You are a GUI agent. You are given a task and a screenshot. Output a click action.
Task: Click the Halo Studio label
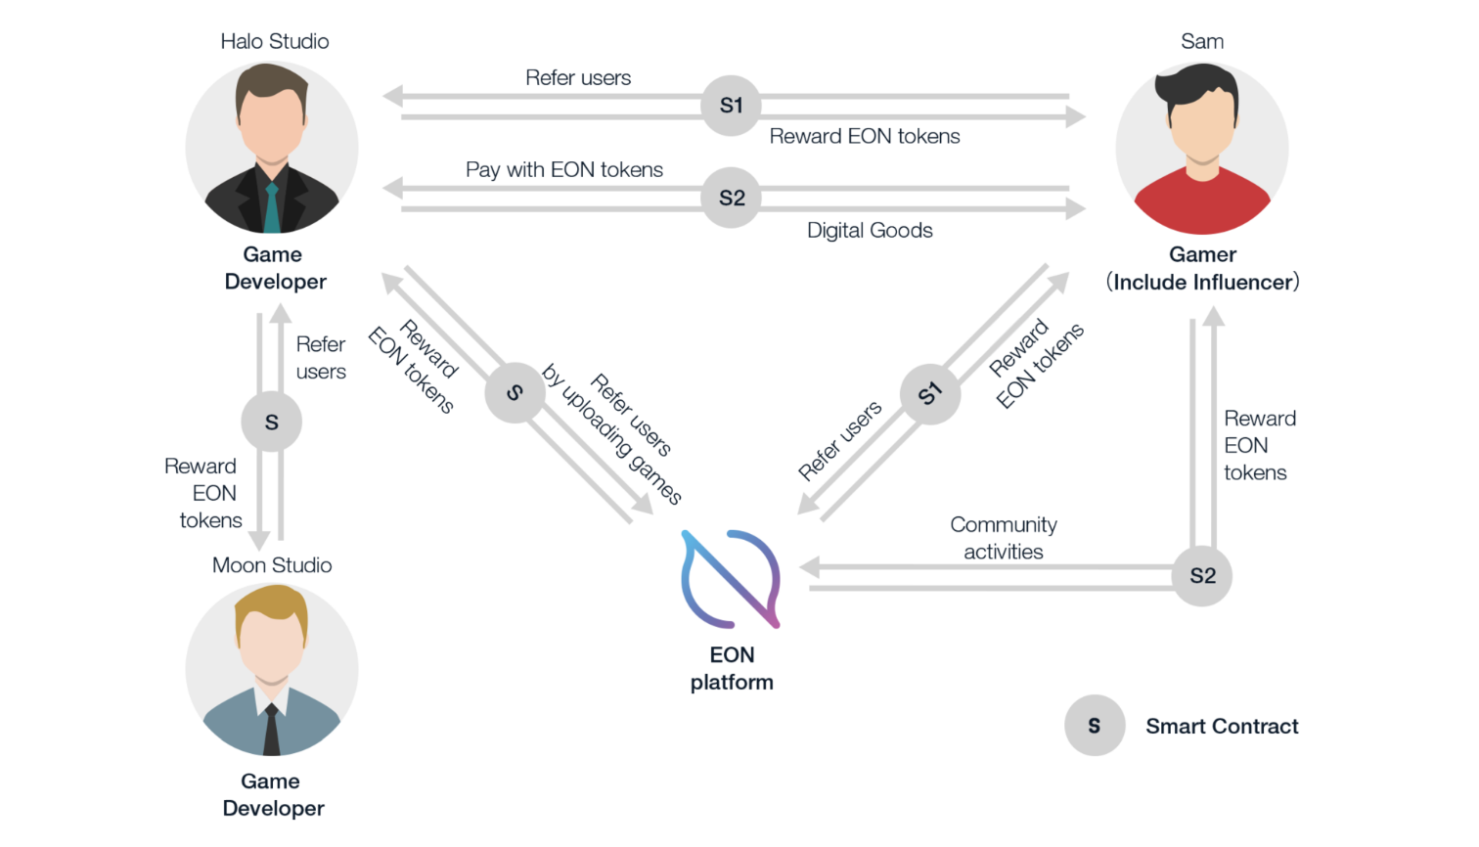pyautogui.click(x=274, y=41)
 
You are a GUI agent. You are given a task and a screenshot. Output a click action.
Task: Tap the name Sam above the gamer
pyautogui.click(x=1202, y=41)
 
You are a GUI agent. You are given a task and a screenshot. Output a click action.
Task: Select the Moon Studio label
pyautogui.click(x=272, y=565)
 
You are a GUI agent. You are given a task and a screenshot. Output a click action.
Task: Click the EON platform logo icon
pyautogui.click(x=731, y=579)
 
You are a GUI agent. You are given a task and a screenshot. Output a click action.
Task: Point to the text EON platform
pyautogui.click(x=732, y=669)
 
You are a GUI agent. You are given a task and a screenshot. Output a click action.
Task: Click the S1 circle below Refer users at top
pyautogui.click(x=732, y=106)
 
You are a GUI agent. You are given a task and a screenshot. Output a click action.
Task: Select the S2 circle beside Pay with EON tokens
pyautogui.click(x=732, y=198)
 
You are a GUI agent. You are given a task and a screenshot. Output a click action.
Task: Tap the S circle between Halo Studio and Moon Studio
pyautogui.click(x=271, y=422)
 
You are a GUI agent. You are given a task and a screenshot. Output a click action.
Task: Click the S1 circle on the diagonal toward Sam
pyautogui.click(x=929, y=393)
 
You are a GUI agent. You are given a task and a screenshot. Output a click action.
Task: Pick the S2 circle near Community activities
pyautogui.click(x=1202, y=576)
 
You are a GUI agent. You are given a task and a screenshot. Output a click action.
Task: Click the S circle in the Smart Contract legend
pyautogui.click(x=1095, y=726)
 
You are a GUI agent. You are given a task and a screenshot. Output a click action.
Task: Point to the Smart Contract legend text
pyautogui.click(x=1222, y=726)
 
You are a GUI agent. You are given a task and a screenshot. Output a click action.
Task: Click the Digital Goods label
pyautogui.click(x=870, y=231)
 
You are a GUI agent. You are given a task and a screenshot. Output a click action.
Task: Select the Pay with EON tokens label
pyautogui.click(x=564, y=170)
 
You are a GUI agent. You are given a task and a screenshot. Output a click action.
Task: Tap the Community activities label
pyautogui.click(x=1004, y=538)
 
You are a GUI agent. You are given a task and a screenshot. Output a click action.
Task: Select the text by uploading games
pyautogui.click(x=611, y=433)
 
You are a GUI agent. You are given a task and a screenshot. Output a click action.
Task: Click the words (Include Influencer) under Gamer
pyautogui.click(x=1202, y=282)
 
